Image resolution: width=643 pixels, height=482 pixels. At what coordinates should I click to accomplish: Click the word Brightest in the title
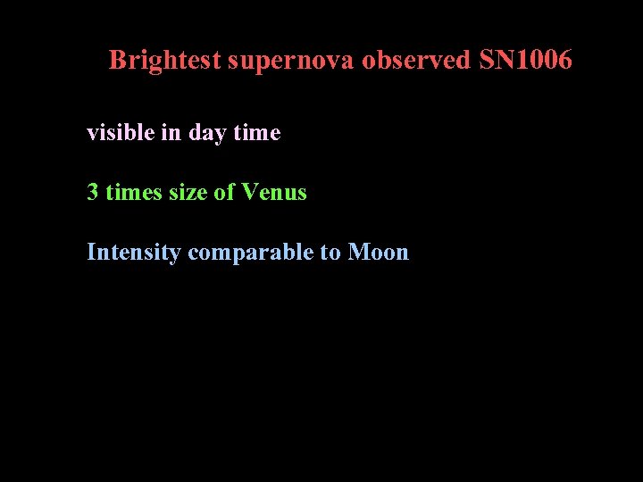(x=165, y=61)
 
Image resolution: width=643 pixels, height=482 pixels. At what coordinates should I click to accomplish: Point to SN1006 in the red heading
(x=525, y=61)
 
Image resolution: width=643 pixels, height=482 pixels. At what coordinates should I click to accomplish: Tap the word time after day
(x=256, y=133)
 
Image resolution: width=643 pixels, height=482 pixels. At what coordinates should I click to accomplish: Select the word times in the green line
(x=132, y=192)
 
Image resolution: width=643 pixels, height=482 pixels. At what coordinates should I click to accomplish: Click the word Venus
(x=274, y=192)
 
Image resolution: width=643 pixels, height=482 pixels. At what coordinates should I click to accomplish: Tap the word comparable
(x=251, y=253)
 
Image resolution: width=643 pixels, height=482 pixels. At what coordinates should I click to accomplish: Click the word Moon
(x=379, y=253)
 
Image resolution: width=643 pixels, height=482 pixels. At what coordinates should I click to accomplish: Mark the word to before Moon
(x=330, y=253)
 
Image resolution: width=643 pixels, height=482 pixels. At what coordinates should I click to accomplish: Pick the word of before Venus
(x=225, y=192)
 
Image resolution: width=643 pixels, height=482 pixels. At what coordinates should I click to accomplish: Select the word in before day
(x=171, y=133)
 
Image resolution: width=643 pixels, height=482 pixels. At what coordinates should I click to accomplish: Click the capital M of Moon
(x=358, y=253)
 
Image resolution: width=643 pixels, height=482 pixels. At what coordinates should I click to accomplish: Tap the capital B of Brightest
(x=116, y=61)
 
